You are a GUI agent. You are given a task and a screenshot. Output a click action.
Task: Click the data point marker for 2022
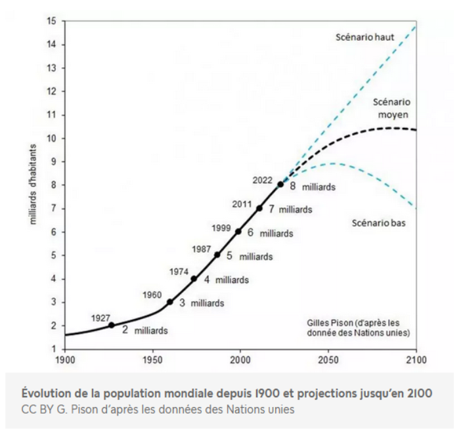click(x=280, y=184)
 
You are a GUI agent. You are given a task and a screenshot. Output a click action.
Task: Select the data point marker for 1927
click(x=111, y=325)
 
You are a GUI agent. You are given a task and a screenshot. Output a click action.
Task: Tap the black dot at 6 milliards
click(x=238, y=231)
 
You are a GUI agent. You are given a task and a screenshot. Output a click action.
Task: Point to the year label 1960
click(x=152, y=294)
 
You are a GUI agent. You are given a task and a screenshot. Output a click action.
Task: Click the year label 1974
click(x=179, y=271)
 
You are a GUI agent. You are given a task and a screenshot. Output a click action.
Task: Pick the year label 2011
click(x=242, y=203)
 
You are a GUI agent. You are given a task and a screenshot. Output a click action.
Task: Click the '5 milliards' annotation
click(x=244, y=256)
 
